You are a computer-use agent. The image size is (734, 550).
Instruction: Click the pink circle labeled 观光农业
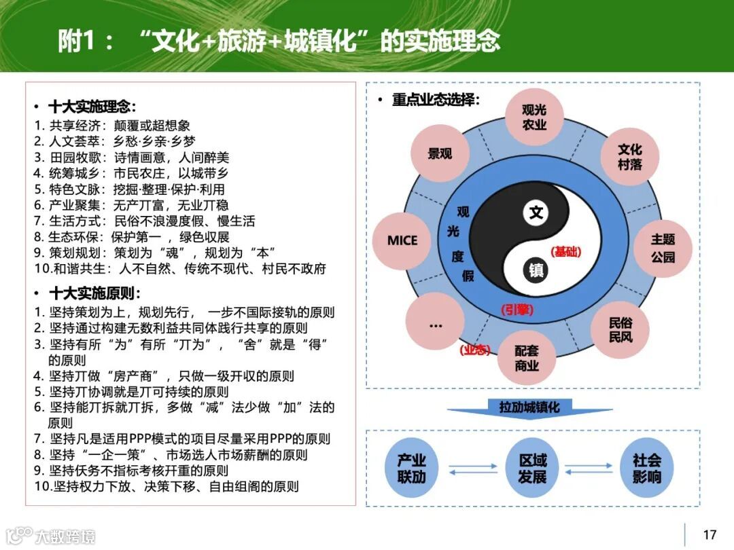pos(534,117)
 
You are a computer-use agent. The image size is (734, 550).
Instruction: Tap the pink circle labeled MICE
pos(402,240)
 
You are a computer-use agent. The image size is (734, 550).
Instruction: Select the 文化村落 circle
pos(629,157)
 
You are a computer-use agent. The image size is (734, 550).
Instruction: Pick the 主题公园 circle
pos(663,249)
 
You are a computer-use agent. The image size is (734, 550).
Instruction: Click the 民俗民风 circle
pos(620,329)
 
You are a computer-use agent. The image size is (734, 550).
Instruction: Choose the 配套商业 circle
pos(527,358)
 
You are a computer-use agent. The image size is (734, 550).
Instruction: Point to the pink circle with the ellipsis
pos(435,325)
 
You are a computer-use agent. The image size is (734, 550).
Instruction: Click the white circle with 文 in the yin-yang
pos(536,213)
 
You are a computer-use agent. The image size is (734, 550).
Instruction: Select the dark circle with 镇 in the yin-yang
pos(536,270)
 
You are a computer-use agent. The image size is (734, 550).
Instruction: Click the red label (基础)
pos(566,252)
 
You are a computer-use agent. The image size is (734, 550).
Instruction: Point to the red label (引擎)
pos(517,310)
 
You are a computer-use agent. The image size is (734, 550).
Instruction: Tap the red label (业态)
pos(474,350)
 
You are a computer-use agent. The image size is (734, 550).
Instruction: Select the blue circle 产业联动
pos(411,469)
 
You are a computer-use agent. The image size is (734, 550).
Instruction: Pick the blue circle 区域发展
pos(532,469)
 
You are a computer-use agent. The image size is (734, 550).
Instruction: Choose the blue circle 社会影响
pos(646,469)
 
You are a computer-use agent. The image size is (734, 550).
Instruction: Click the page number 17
pos(710,534)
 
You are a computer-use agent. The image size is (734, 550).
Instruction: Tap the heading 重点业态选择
pos(436,100)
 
